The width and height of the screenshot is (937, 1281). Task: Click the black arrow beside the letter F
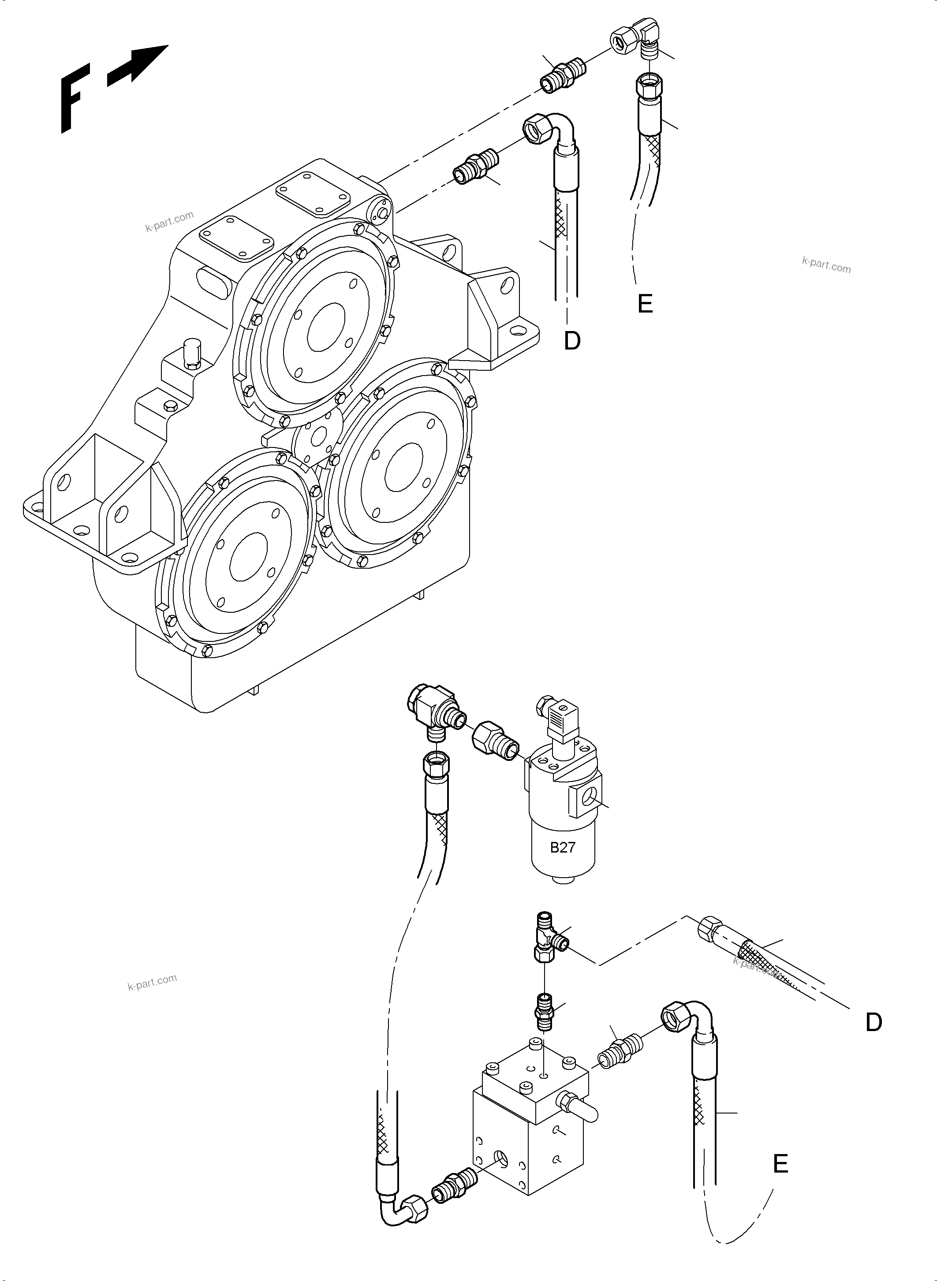(x=138, y=65)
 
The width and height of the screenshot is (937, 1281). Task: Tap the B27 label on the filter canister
(x=563, y=847)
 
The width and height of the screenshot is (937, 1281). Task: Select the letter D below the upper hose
(x=572, y=341)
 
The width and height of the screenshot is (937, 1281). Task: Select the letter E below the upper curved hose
(x=645, y=304)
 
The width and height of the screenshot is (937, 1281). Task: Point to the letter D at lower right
(x=874, y=1022)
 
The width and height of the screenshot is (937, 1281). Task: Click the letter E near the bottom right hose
(x=780, y=1164)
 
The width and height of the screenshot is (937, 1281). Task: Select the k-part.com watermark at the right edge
(x=826, y=265)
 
